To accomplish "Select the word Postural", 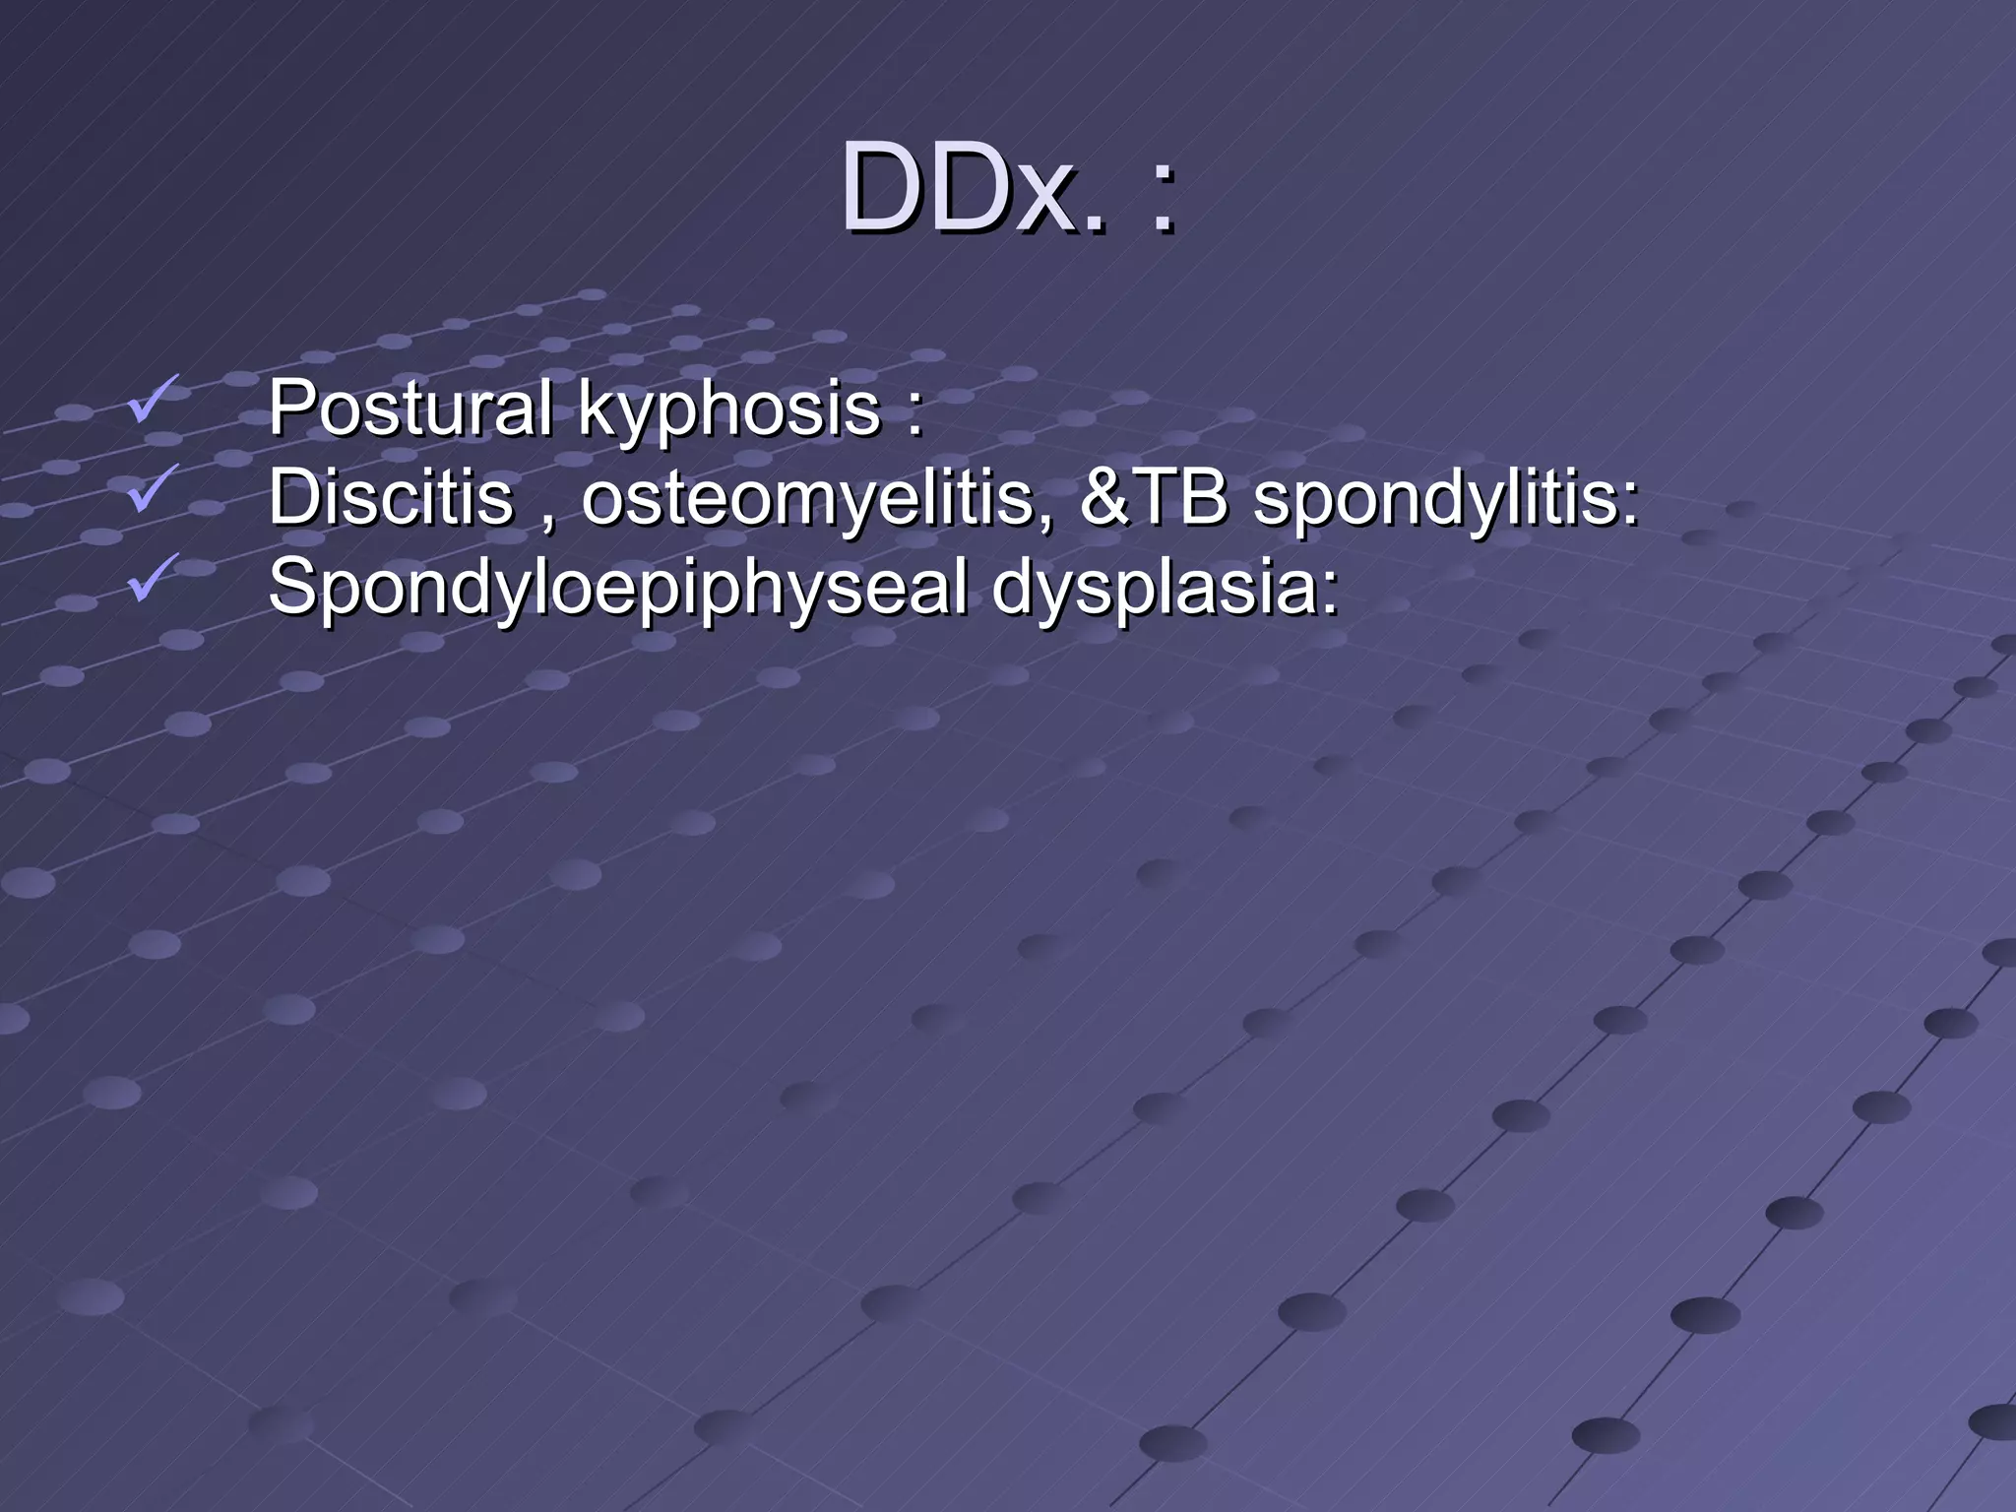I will (409, 408).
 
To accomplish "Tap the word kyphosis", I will (728, 409).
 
